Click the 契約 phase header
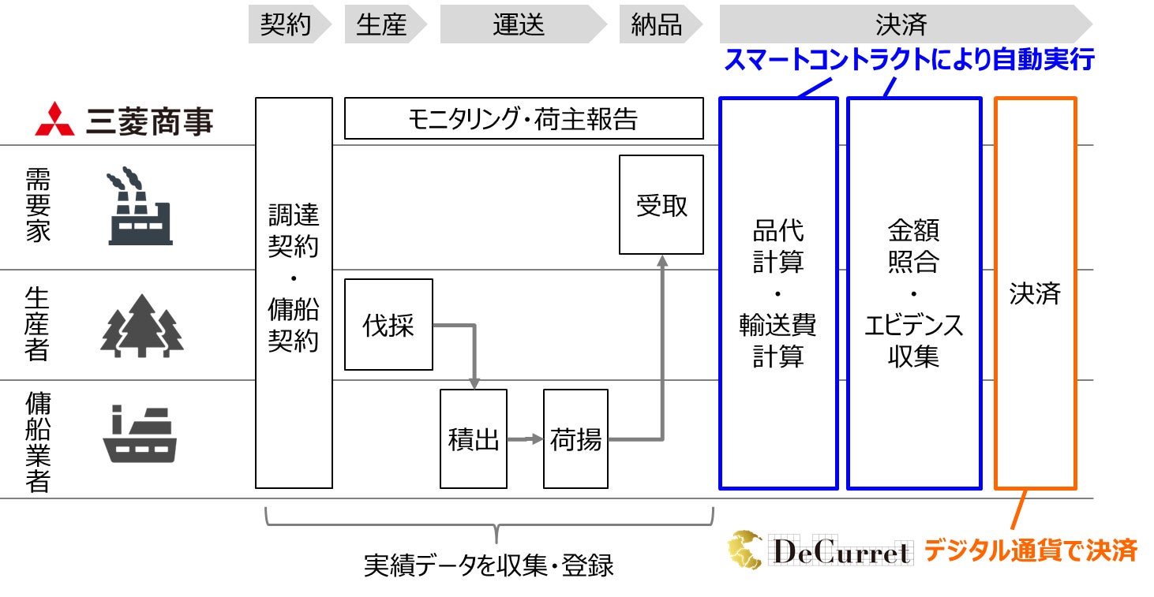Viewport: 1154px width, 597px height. tap(285, 25)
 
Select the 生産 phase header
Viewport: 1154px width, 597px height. tap(381, 25)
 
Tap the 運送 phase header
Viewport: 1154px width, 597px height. tap(519, 25)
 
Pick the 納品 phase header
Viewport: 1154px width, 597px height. tap(656, 25)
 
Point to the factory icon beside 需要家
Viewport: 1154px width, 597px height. tap(139, 206)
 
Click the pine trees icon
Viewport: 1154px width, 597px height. tap(142, 326)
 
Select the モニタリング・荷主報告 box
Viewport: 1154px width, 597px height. tap(523, 119)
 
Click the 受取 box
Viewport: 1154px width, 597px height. tap(661, 205)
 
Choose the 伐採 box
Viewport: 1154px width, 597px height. tap(388, 324)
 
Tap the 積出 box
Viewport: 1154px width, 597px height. tap(474, 438)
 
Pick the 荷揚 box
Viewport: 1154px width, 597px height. tap(575, 438)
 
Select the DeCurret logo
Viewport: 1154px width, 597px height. tap(821, 550)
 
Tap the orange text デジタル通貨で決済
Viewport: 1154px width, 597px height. tap(1029, 550)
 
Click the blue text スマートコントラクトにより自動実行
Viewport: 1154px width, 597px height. tap(909, 60)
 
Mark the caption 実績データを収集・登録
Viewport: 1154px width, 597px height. tap(489, 565)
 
